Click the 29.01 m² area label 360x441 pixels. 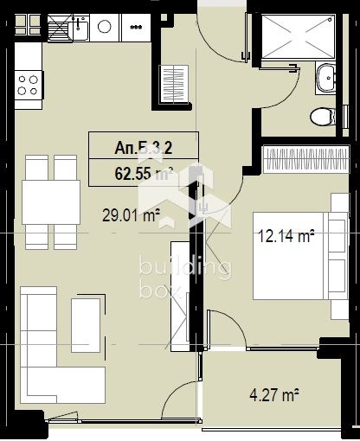click(x=131, y=217)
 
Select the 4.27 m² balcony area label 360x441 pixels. click(x=273, y=396)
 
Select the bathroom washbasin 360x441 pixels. click(x=326, y=78)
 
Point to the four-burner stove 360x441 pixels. click(x=27, y=84)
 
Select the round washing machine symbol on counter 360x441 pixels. click(x=105, y=27)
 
